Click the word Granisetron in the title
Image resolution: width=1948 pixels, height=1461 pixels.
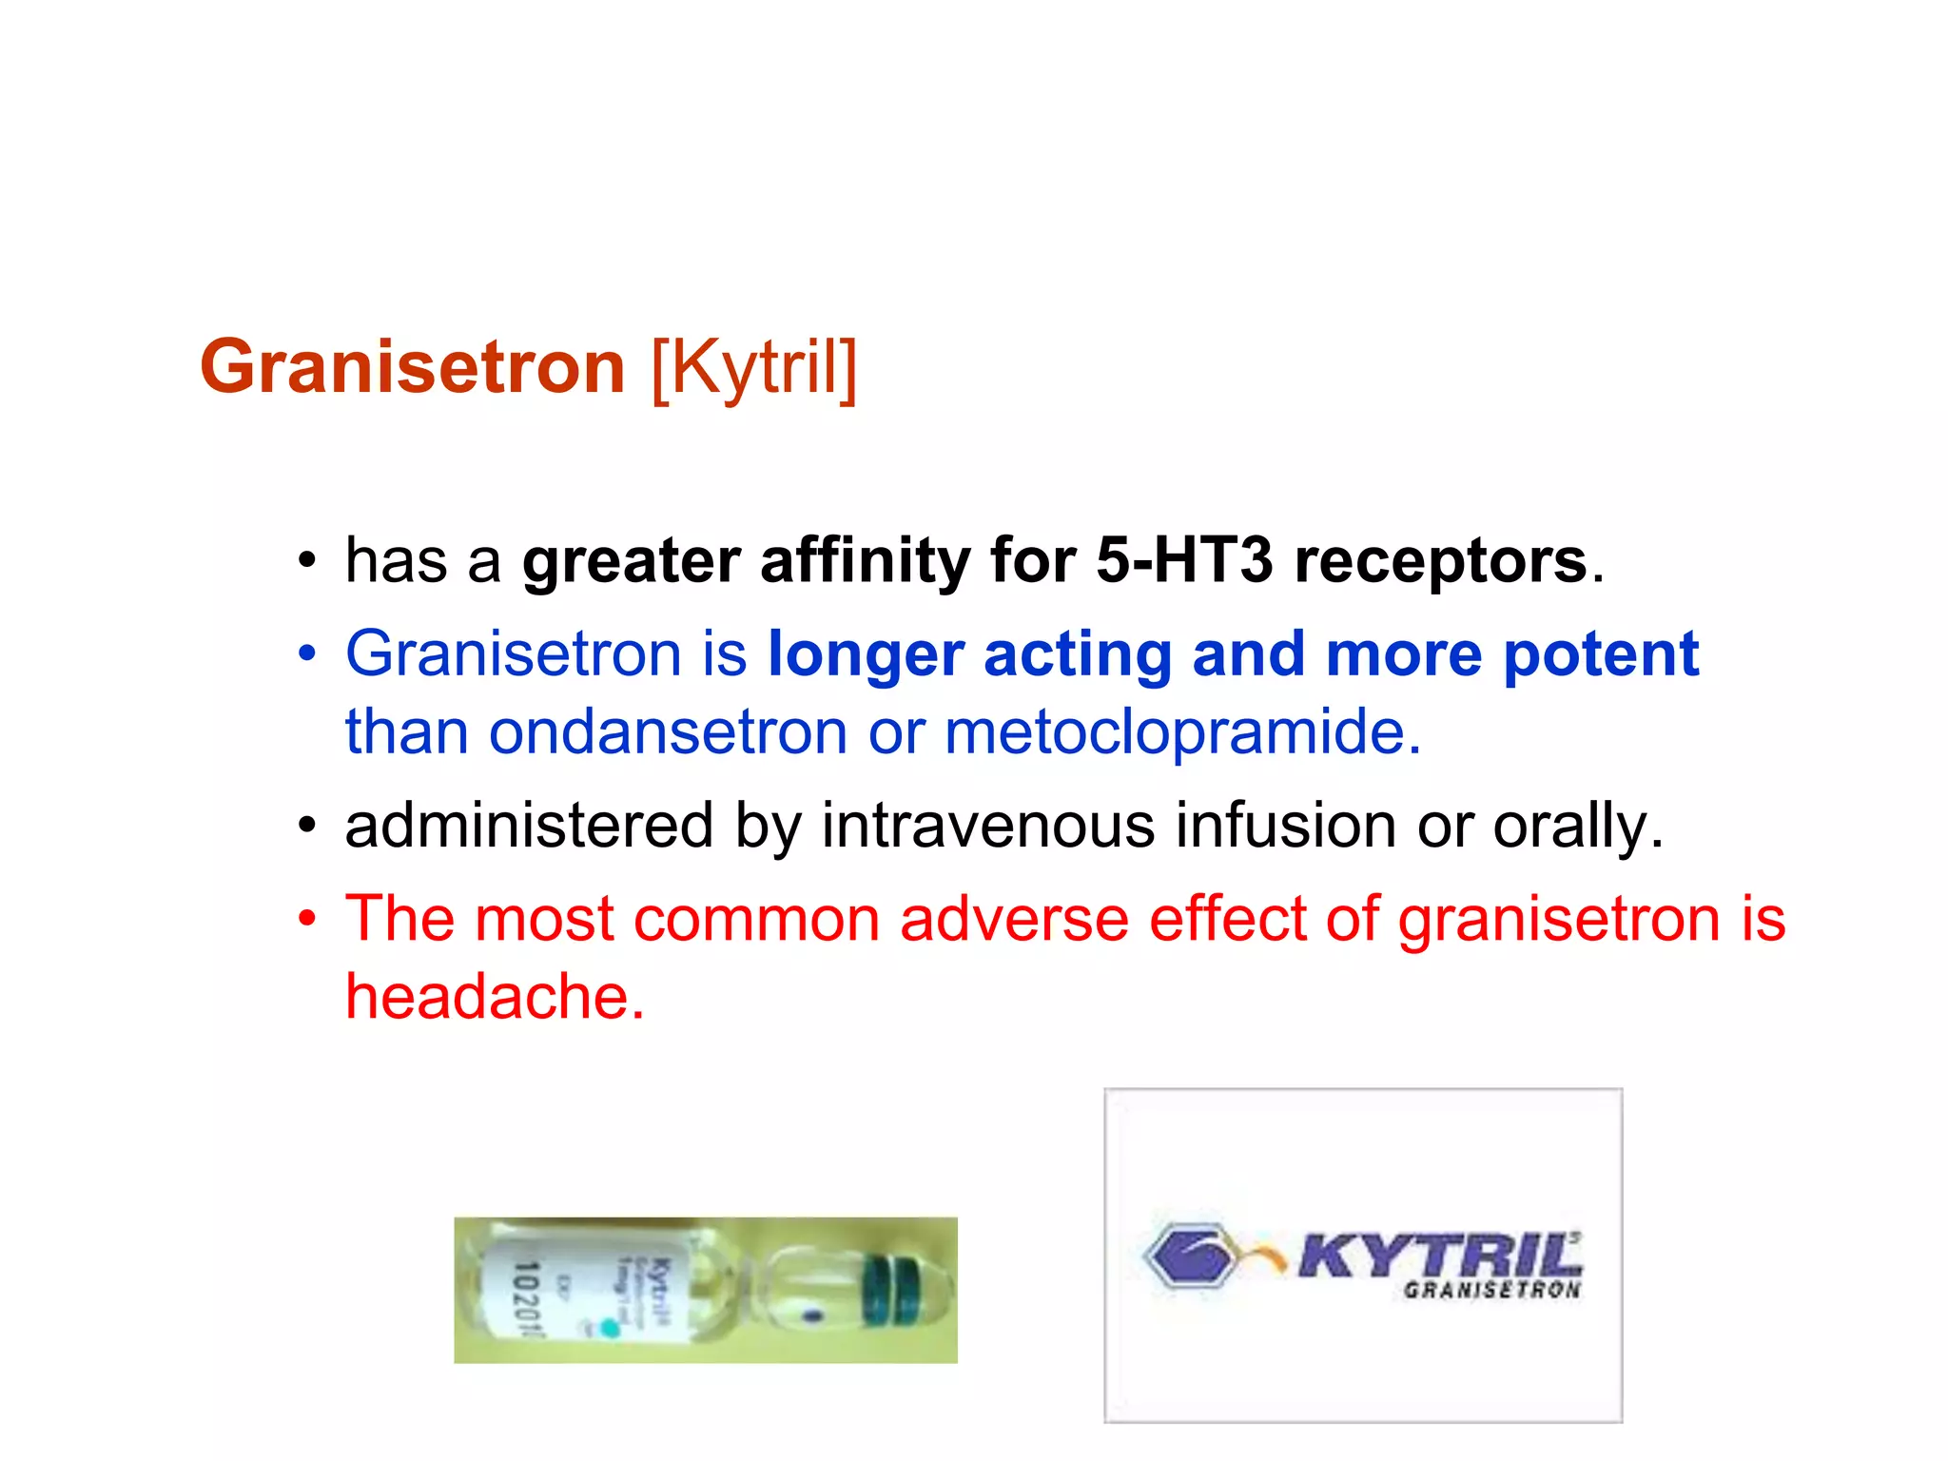[412, 367]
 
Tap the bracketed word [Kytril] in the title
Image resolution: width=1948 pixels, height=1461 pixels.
[754, 367]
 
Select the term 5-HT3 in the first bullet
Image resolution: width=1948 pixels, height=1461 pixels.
[1183, 560]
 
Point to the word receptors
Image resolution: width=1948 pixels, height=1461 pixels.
[1441, 560]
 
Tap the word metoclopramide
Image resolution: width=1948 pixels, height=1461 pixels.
[1182, 732]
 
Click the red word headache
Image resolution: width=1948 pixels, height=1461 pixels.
[494, 997]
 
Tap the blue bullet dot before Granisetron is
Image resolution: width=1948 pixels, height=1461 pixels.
[306, 654]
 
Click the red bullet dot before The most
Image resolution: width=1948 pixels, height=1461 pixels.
[306, 919]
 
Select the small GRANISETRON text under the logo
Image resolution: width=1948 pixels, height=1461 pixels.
[1491, 1291]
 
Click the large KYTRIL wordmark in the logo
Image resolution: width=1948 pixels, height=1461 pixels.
[1438, 1256]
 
